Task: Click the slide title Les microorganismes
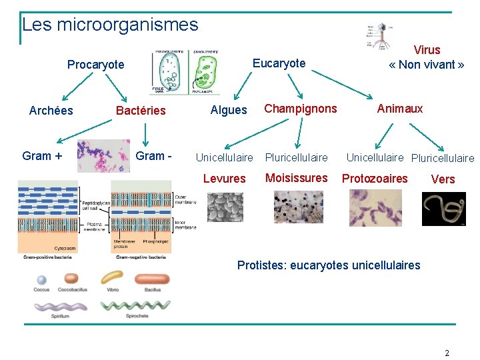110,25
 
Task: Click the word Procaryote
95,65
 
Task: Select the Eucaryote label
279,63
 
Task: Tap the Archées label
51,111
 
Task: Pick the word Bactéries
141,111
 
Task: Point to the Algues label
229,110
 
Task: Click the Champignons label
301,109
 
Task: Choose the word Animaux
400,109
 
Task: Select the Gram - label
154,156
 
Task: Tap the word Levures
224,179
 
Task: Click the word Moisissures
297,178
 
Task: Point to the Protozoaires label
375,179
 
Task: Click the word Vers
443,179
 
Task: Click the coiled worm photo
443,209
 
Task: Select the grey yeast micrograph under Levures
225,207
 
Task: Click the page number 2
447,353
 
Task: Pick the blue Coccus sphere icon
41,280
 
